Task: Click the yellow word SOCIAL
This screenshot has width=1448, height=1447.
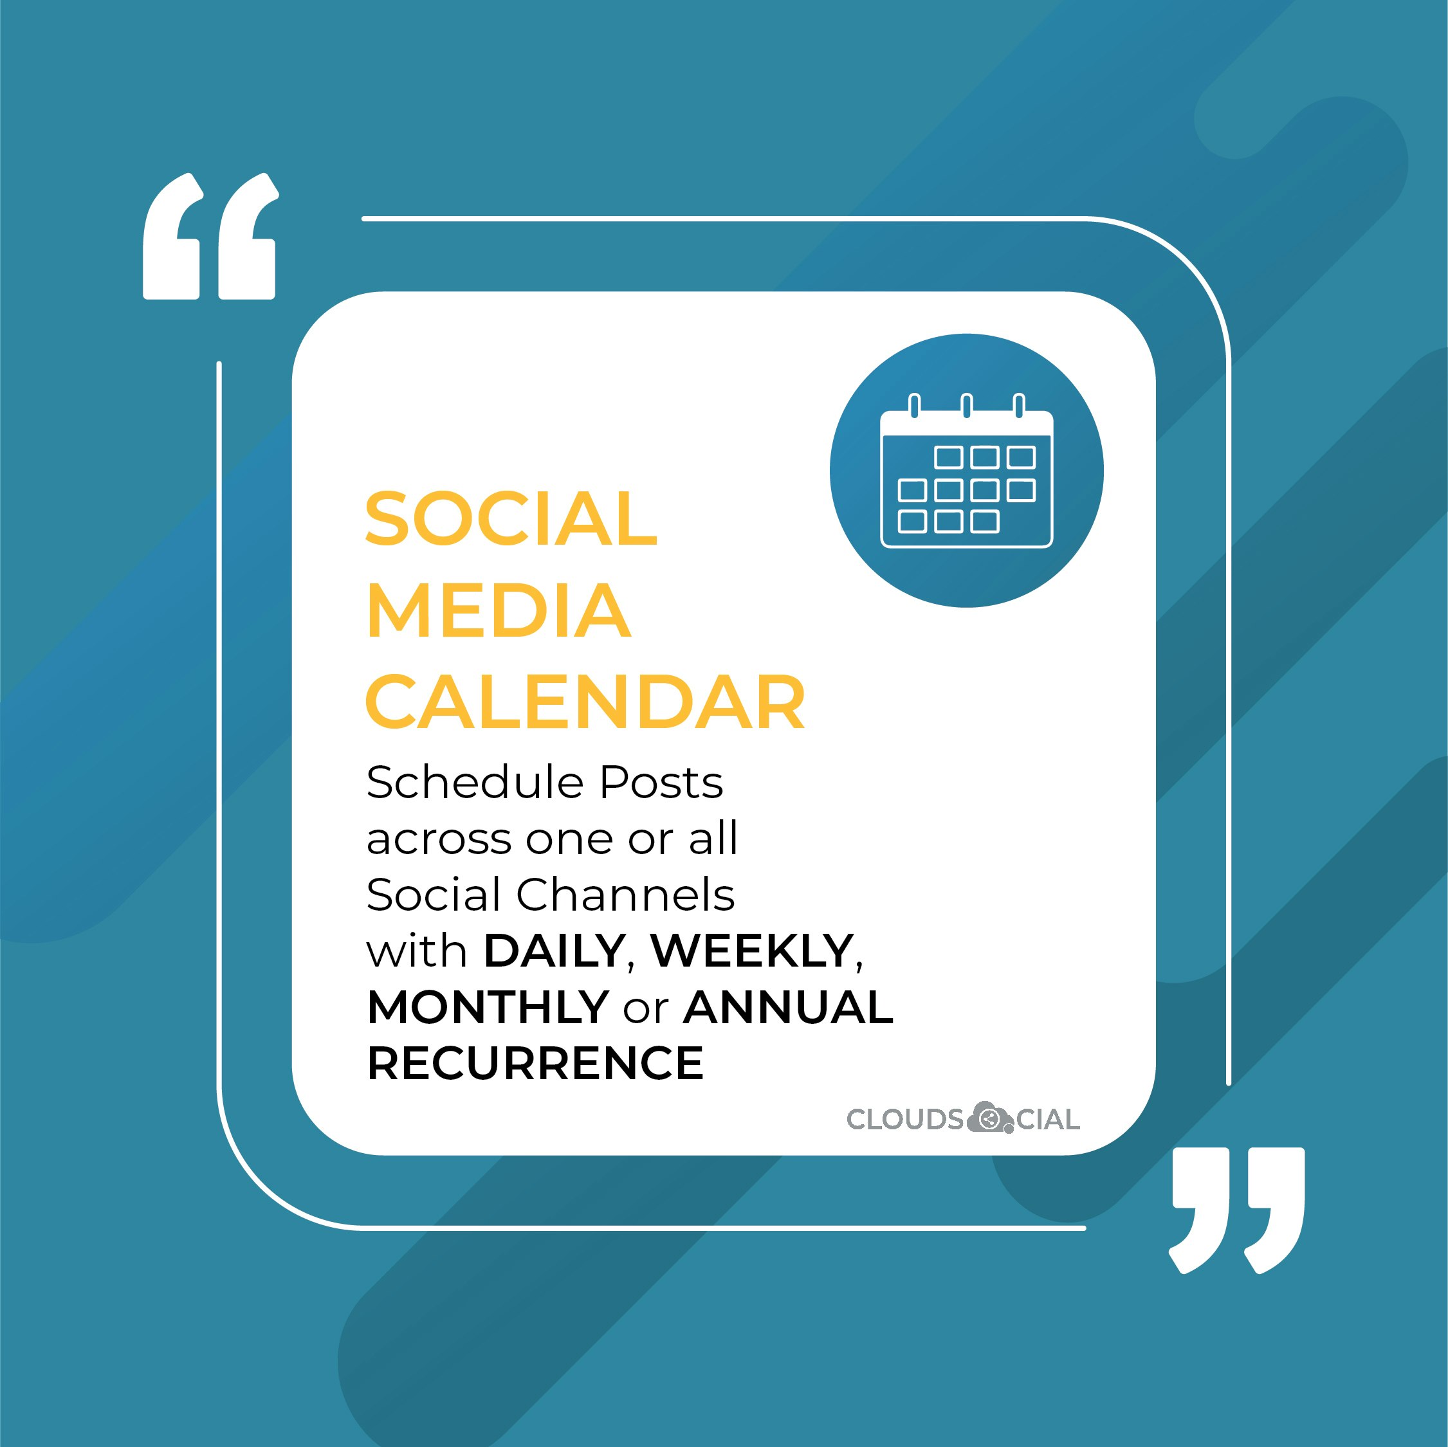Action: pyautogui.click(x=511, y=518)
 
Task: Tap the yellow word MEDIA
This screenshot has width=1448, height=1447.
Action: pyautogui.click(x=499, y=611)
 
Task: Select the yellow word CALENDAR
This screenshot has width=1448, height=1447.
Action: pyautogui.click(x=585, y=702)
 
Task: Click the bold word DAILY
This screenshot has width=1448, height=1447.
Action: pyautogui.click(x=553, y=951)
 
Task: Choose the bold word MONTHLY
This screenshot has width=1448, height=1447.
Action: pyautogui.click(x=488, y=1007)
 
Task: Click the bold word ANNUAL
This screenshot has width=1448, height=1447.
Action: pyautogui.click(x=788, y=1007)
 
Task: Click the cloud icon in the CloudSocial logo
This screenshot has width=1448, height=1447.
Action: pyautogui.click(x=989, y=1119)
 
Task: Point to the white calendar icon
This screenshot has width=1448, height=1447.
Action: pyautogui.click(x=966, y=472)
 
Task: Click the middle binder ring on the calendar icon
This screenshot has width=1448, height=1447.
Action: pyautogui.click(x=967, y=406)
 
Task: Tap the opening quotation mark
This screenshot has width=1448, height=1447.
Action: pyautogui.click(x=210, y=237)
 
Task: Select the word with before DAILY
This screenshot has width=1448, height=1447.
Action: pyautogui.click(x=417, y=951)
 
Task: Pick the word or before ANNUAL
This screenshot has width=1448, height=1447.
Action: pyautogui.click(x=645, y=1008)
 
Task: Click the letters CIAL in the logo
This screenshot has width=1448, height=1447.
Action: pyautogui.click(x=1048, y=1120)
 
